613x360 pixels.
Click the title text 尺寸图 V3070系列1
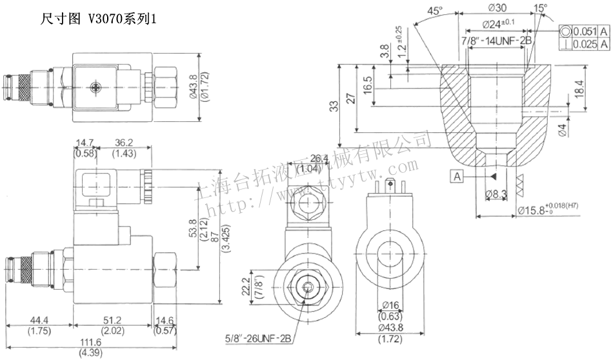point(99,20)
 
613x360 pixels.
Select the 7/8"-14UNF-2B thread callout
point(497,41)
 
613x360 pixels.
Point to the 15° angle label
point(541,8)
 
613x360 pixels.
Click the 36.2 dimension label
point(124,143)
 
